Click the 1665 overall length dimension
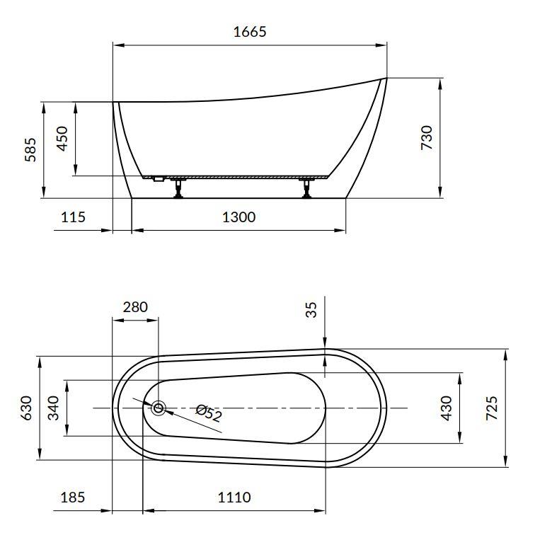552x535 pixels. (250, 32)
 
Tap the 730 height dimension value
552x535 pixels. (427, 137)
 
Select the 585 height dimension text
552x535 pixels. (30, 149)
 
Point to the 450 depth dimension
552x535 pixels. (62, 138)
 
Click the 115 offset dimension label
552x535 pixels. (73, 217)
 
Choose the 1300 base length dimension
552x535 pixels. (239, 217)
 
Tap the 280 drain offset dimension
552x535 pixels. (135, 307)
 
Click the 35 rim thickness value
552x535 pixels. (311, 310)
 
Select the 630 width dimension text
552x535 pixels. (26, 408)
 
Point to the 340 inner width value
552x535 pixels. (54, 408)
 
